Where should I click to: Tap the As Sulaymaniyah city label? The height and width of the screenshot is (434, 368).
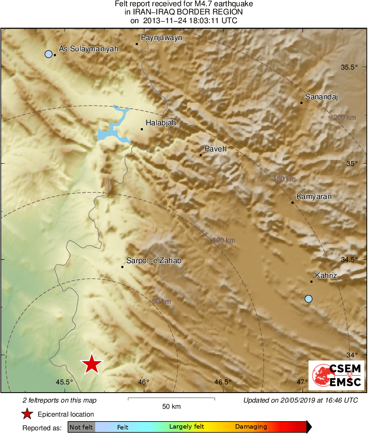(89, 49)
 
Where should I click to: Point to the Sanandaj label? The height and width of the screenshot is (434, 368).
(322, 97)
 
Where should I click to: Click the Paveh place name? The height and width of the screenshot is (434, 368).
(216, 149)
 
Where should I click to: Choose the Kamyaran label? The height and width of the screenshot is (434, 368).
(314, 197)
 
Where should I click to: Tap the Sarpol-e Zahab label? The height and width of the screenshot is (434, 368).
(154, 261)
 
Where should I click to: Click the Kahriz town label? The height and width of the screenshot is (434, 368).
(326, 275)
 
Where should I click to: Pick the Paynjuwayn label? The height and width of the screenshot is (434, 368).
(161, 38)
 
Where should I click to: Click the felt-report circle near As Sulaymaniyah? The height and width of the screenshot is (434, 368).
(48, 54)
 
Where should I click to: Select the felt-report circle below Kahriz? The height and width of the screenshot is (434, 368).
(308, 298)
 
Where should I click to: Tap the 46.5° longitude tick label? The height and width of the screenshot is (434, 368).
(223, 382)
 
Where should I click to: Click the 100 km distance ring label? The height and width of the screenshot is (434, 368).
(224, 240)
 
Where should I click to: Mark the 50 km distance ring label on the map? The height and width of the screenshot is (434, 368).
(161, 302)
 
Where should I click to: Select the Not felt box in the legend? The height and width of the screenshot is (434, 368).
(81, 427)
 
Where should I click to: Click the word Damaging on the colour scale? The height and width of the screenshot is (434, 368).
(251, 427)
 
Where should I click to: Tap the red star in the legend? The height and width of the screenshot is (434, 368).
(27, 414)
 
